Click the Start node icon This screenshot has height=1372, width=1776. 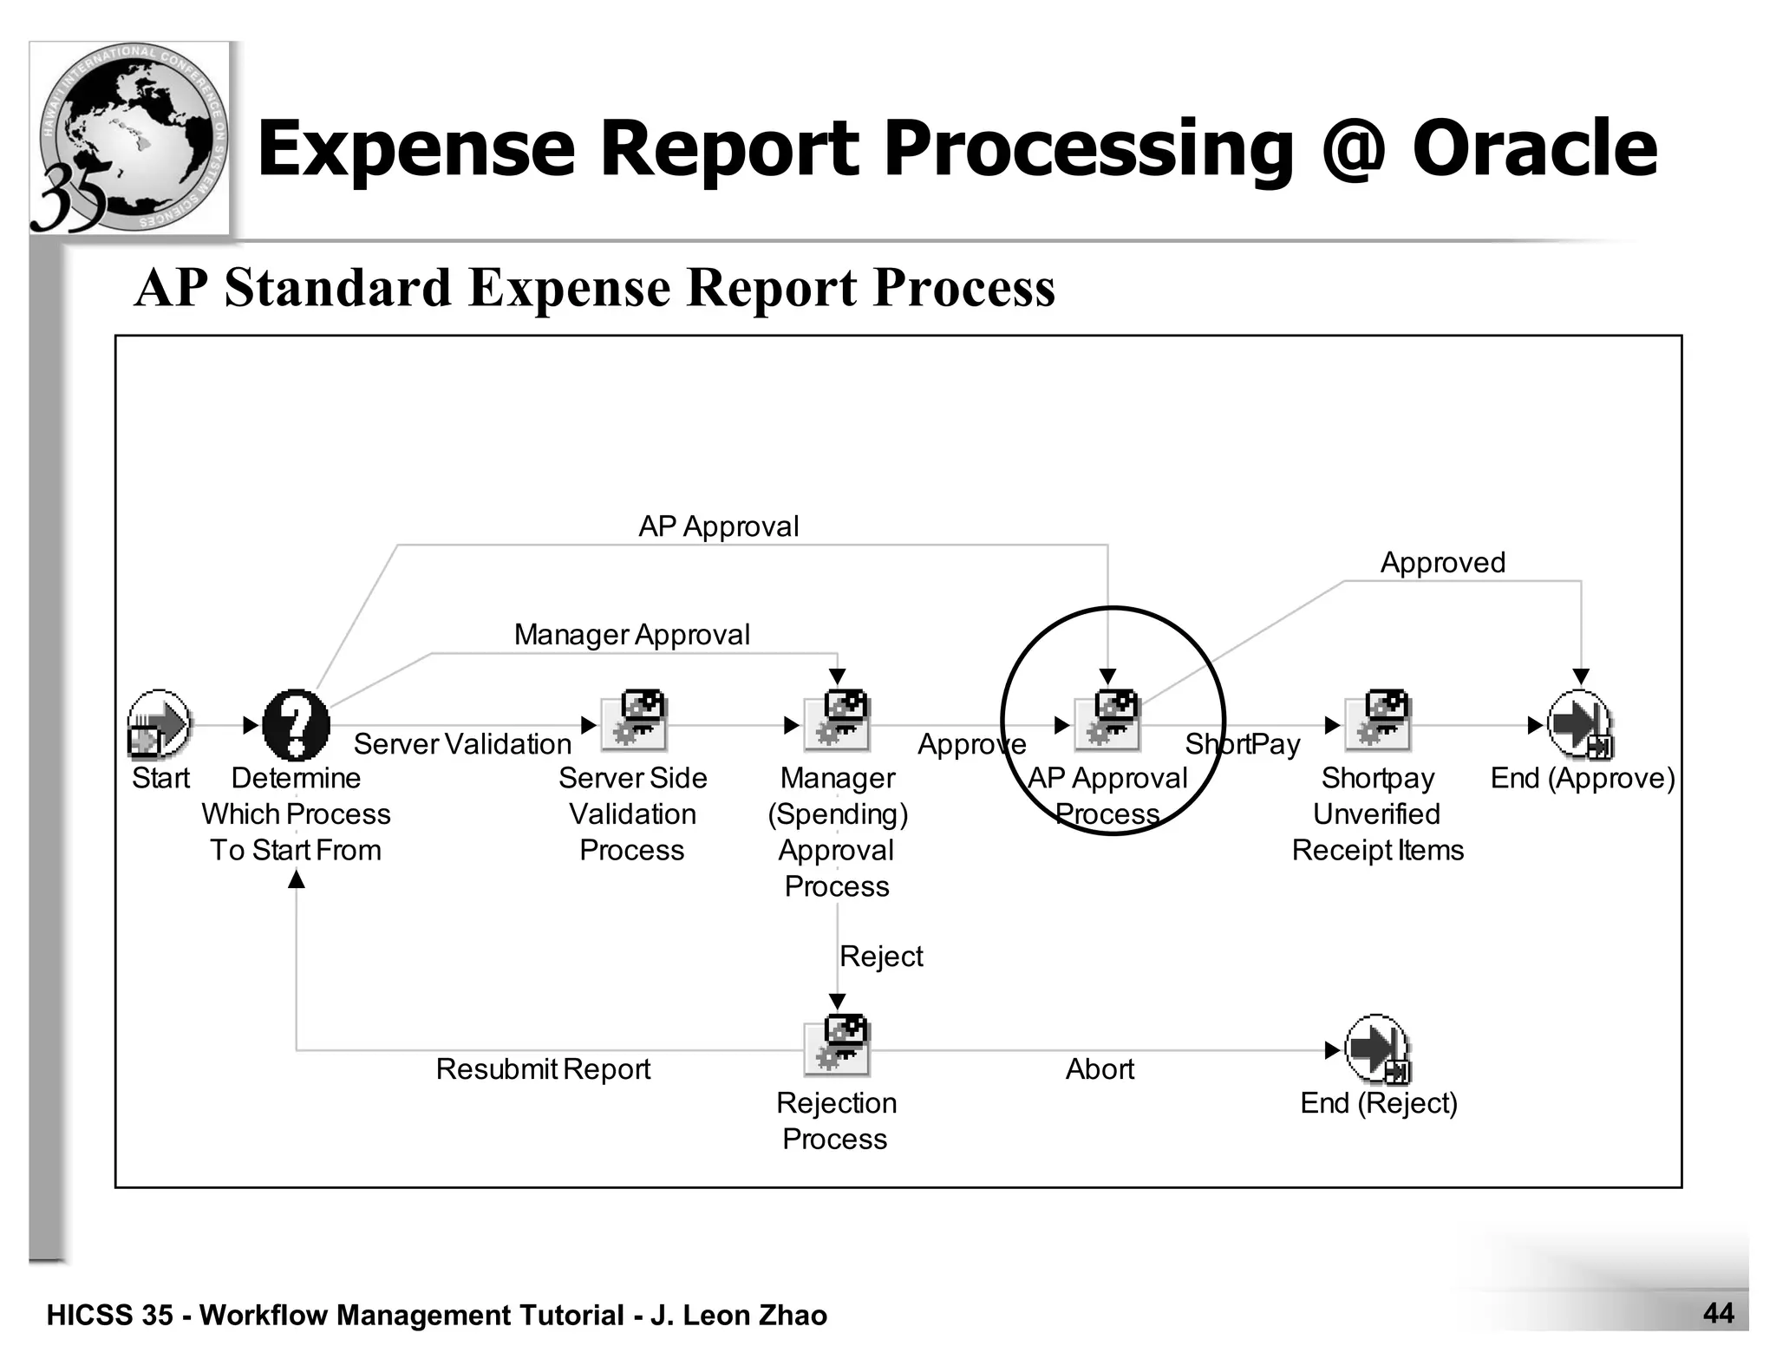click(x=159, y=723)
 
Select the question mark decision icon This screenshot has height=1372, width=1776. click(x=296, y=724)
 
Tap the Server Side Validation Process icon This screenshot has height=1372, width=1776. click(x=635, y=721)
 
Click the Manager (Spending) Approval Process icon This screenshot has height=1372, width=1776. click(x=837, y=721)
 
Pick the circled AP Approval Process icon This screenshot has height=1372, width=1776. click(x=1107, y=721)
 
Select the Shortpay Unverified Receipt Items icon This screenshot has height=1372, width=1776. click(x=1378, y=721)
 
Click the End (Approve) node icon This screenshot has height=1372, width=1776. click(x=1580, y=724)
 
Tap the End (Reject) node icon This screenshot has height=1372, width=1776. click(x=1378, y=1049)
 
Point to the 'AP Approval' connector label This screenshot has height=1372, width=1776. click(x=718, y=526)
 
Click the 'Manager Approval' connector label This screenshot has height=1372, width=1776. click(x=631, y=635)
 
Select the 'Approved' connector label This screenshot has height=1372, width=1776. click(x=1442, y=563)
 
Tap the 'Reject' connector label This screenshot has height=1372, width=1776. click(x=881, y=957)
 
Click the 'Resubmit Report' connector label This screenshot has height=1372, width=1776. click(x=543, y=1069)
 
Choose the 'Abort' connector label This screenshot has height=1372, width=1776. click(x=1100, y=1069)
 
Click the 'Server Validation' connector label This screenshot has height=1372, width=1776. click(x=462, y=744)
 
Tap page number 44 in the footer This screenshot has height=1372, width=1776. click(x=1718, y=1313)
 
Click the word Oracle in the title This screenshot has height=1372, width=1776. click(x=1534, y=148)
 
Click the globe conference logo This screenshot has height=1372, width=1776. click(x=130, y=139)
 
